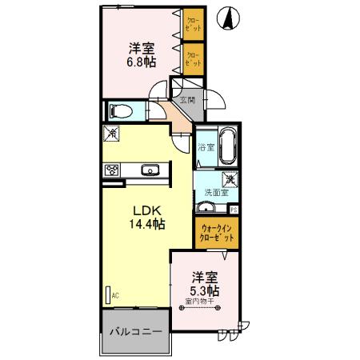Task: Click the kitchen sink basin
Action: (150, 169)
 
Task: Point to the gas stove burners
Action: (112, 169)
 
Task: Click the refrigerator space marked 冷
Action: (111, 134)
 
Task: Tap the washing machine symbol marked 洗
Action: (229, 181)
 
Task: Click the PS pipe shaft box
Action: (234, 210)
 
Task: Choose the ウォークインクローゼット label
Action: (218, 233)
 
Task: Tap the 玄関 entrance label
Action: (187, 100)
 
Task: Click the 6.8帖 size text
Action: (140, 62)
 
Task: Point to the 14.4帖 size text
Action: (148, 225)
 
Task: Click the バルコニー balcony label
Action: (135, 331)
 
